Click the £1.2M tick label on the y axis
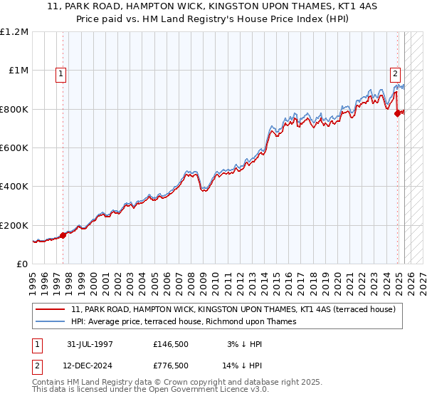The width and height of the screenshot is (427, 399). [15, 32]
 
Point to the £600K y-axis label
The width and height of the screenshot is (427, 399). [15, 148]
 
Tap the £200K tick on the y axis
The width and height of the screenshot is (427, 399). [15, 225]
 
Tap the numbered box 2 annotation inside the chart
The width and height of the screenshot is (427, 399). [395, 73]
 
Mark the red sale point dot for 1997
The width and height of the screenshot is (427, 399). [63, 235]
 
